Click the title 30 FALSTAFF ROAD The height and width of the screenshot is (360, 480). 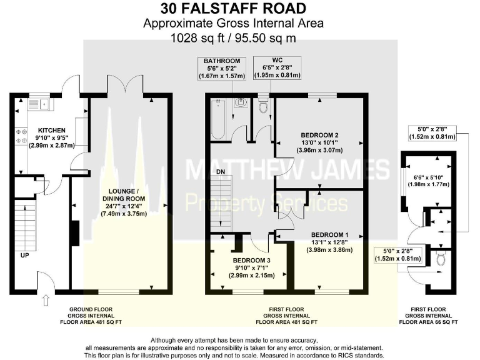[x=234, y=8]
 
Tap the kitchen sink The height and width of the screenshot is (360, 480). [x=46, y=104]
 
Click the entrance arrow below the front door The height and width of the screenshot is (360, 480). [x=45, y=302]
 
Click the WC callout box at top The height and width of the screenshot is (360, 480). [x=277, y=67]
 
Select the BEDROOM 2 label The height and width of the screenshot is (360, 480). [x=319, y=134]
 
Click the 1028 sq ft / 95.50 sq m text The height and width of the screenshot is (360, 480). [x=234, y=37]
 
